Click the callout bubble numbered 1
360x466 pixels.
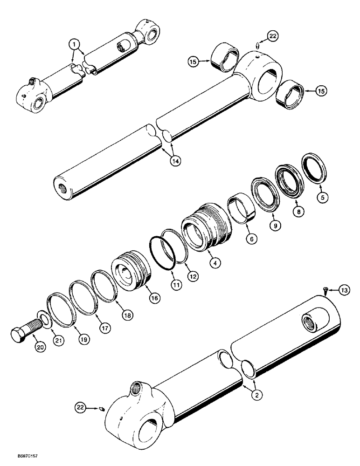pyautogui.click(x=74, y=45)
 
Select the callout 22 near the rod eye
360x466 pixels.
pyautogui.click(x=273, y=35)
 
